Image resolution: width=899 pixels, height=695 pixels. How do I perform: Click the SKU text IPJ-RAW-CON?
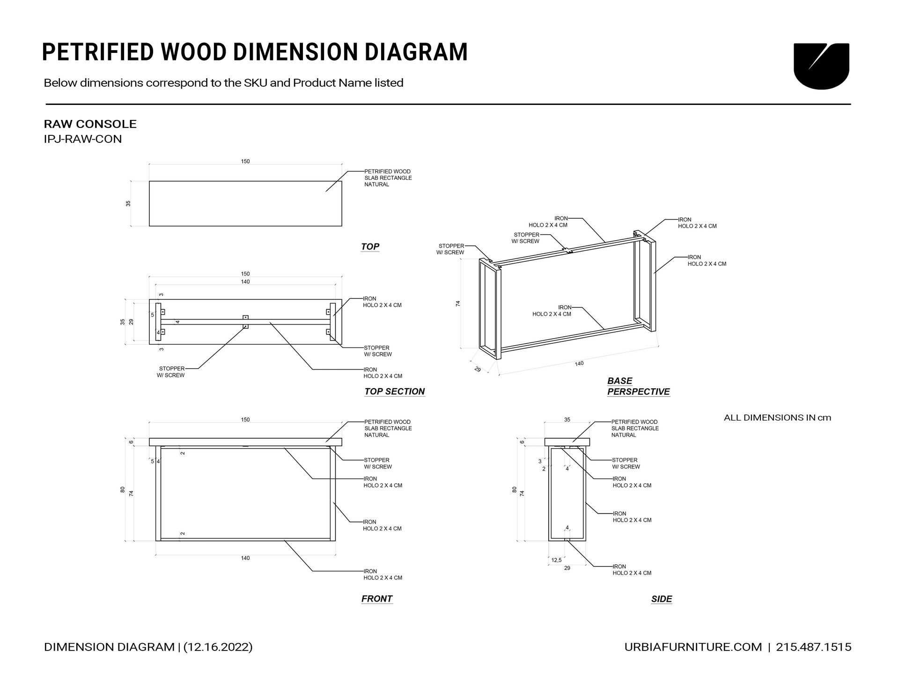pyautogui.click(x=82, y=139)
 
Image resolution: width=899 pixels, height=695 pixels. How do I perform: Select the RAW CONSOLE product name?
pyautogui.click(x=90, y=124)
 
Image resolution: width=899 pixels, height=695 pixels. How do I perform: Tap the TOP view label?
pyautogui.click(x=370, y=246)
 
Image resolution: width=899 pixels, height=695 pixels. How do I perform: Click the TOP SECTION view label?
pyautogui.click(x=394, y=392)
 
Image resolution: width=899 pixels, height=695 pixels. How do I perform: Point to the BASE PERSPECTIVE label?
pyautogui.click(x=638, y=386)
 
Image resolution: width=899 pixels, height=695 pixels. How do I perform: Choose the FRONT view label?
pyautogui.click(x=376, y=599)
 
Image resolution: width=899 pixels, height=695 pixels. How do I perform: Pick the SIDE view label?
pyautogui.click(x=661, y=599)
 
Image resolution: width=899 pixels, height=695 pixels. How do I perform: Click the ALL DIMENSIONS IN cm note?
pyautogui.click(x=777, y=418)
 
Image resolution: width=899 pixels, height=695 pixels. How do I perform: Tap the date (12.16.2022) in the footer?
pyautogui.click(x=218, y=647)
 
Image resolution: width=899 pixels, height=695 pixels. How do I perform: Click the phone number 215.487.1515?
pyautogui.click(x=813, y=647)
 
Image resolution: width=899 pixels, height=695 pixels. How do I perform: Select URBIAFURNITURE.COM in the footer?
pyautogui.click(x=693, y=647)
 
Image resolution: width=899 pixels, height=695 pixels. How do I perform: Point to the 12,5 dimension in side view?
pyautogui.click(x=556, y=560)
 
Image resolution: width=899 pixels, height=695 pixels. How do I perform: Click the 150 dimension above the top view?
pyautogui.click(x=245, y=162)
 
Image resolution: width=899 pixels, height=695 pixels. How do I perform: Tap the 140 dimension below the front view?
pyautogui.click(x=245, y=558)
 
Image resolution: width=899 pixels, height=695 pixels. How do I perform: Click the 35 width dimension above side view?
pyautogui.click(x=567, y=420)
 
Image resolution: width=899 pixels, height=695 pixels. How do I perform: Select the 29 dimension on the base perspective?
pyautogui.click(x=478, y=369)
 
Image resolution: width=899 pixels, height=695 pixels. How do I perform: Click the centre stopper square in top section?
pyautogui.click(x=245, y=318)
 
